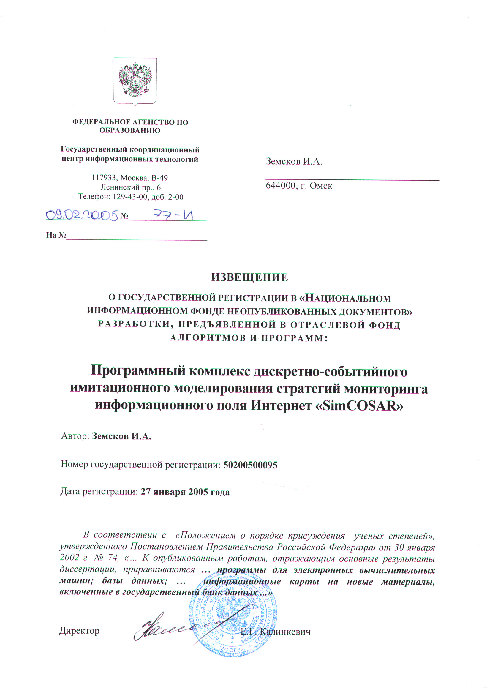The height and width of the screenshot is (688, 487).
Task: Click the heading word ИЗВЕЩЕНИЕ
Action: pyautogui.click(x=249, y=277)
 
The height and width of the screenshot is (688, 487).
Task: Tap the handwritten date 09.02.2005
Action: pyautogui.click(x=82, y=215)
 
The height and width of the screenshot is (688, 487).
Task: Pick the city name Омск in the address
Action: pyautogui.click(x=321, y=186)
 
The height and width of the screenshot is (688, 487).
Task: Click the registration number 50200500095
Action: pyautogui.click(x=250, y=465)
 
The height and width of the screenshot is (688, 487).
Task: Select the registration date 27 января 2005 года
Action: pyautogui.click(x=185, y=492)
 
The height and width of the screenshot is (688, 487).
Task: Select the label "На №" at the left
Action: pyautogui.click(x=56, y=235)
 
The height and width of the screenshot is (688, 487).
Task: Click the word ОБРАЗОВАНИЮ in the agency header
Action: pyautogui.click(x=130, y=130)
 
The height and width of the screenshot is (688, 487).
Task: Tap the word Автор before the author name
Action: pyautogui.click(x=75, y=436)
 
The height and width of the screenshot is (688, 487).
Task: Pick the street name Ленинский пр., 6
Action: pyautogui.click(x=130, y=187)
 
